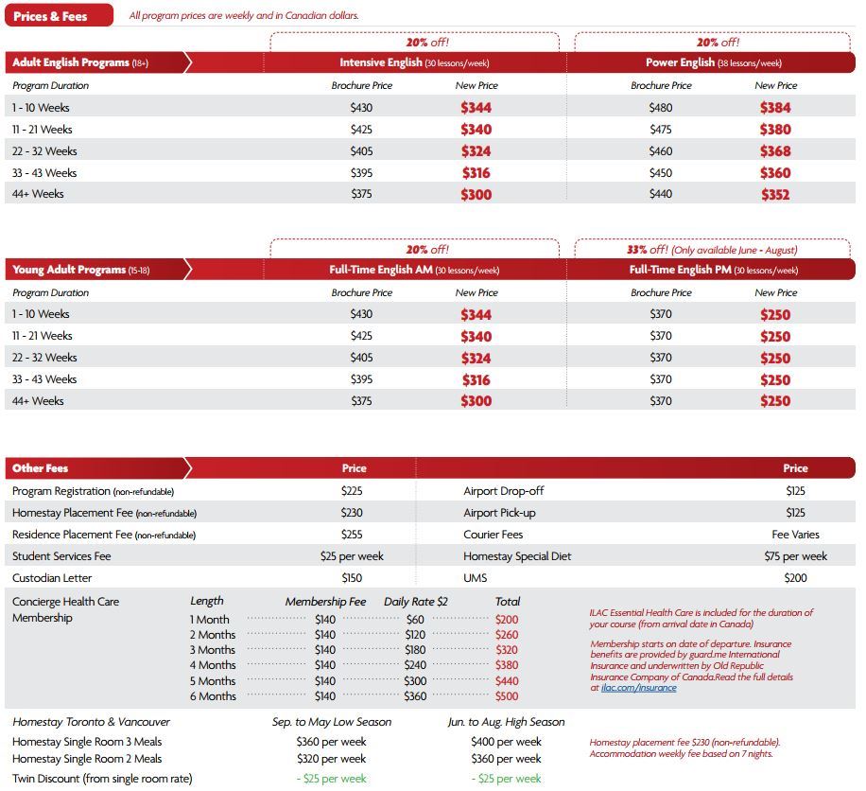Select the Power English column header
(x=713, y=62)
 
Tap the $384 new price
(x=775, y=108)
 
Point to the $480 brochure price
(x=661, y=108)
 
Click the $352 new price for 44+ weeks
(x=775, y=195)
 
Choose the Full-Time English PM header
(x=713, y=270)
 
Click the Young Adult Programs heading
(x=81, y=270)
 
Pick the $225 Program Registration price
(x=352, y=491)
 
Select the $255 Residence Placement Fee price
(x=352, y=535)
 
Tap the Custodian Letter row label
(x=52, y=578)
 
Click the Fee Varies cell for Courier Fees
(x=795, y=535)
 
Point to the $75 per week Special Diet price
(x=795, y=556)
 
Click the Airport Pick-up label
(x=499, y=513)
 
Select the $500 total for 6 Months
(x=507, y=696)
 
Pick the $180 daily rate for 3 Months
(x=415, y=650)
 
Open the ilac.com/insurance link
(x=639, y=688)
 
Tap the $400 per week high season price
(x=506, y=742)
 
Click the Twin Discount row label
(x=102, y=779)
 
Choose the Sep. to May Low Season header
(x=331, y=722)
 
